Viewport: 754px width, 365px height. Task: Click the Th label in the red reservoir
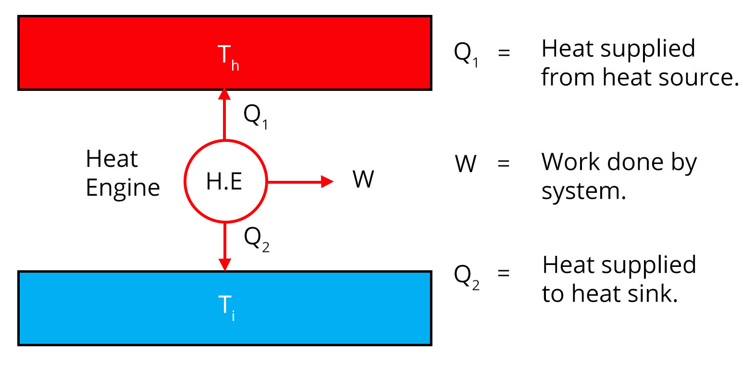pyautogui.click(x=228, y=57)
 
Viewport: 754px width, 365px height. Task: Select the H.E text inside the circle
pyautogui.click(x=224, y=182)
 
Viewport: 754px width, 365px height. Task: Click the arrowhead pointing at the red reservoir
pyautogui.click(x=224, y=94)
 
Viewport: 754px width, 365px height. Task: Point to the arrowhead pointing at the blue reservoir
pyautogui.click(x=225, y=264)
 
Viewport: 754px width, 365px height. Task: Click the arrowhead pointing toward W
pyautogui.click(x=327, y=182)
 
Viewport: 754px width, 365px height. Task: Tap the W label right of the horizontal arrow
pyautogui.click(x=363, y=180)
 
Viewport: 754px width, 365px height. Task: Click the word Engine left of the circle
pyautogui.click(x=123, y=188)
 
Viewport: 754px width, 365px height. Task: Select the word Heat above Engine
pyautogui.click(x=112, y=159)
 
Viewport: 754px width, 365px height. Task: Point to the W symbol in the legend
pyautogui.click(x=466, y=164)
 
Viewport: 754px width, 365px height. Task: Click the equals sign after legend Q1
pyautogui.click(x=504, y=52)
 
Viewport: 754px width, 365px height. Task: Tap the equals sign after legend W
pyautogui.click(x=503, y=164)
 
